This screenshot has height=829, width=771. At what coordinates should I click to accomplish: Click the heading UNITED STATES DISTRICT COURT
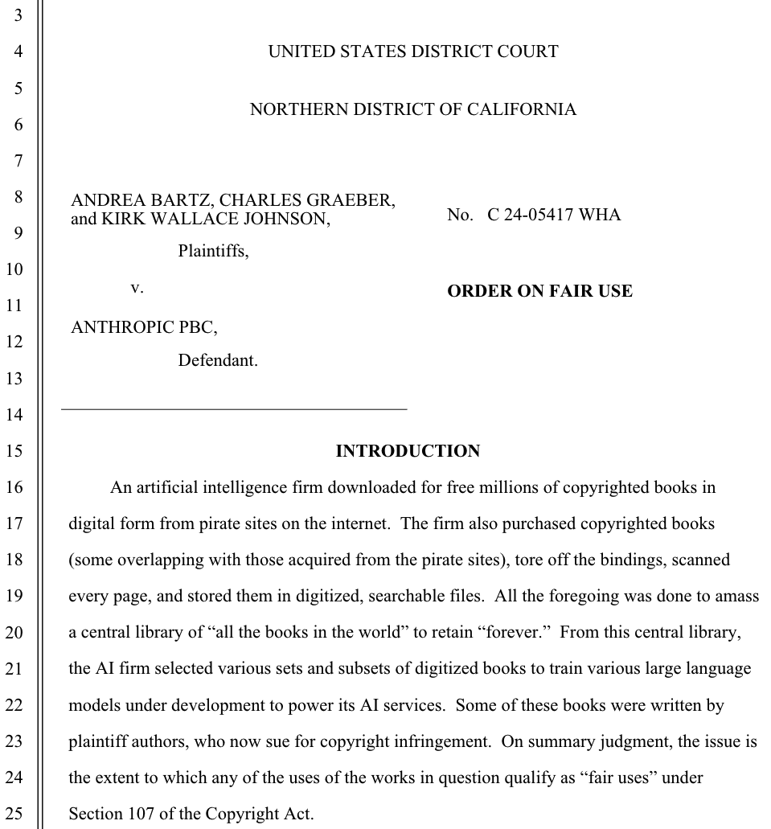(412, 52)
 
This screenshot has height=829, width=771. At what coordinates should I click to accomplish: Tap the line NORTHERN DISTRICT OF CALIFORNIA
(412, 110)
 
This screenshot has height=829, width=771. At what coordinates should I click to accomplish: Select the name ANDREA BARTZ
(141, 200)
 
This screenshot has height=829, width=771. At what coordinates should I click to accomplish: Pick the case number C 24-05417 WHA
(554, 215)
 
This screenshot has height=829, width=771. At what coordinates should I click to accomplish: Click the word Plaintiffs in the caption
(213, 251)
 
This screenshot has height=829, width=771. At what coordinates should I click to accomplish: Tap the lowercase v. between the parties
(137, 287)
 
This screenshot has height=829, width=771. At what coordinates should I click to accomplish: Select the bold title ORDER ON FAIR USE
(539, 291)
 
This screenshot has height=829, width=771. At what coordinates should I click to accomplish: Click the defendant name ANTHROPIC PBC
(143, 326)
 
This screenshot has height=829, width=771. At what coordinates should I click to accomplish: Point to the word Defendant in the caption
(218, 361)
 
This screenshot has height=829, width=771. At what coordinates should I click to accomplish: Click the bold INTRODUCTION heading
(408, 451)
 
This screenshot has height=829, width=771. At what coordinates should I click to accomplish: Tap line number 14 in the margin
(14, 415)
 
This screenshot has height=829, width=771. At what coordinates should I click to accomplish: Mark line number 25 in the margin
(14, 814)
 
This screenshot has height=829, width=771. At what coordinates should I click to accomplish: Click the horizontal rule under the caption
(234, 410)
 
